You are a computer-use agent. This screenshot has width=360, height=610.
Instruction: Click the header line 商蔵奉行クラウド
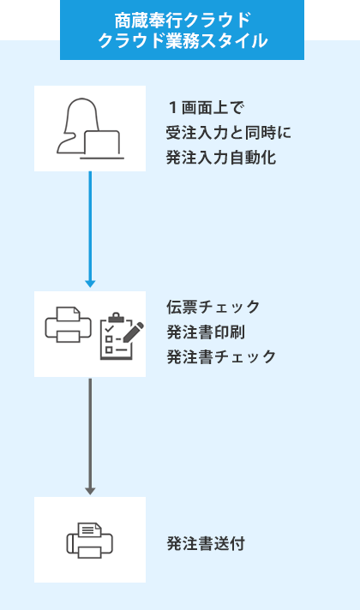pyautogui.click(x=182, y=20)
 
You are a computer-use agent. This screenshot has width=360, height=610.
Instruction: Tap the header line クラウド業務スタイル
pyautogui.click(x=182, y=41)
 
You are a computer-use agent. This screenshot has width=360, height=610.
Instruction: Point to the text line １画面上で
pyautogui.click(x=206, y=108)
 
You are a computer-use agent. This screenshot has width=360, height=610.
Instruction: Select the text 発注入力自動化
pyautogui.click(x=221, y=157)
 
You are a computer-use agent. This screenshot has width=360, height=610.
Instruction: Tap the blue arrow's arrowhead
pyautogui.click(x=90, y=282)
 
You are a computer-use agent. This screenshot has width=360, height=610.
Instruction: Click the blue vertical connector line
pyautogui.click(x=90, y=223)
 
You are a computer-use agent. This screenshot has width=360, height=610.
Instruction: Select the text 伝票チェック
pyautogui.click(x=213, y=307)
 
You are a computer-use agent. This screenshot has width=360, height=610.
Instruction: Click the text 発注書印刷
pyautogui.click(x=206, y=332)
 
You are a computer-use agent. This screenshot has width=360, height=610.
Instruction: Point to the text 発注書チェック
pyautogui.click(x=221, y=356)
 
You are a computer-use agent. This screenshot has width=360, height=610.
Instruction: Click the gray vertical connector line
pyautogui.click(x=90, y=428)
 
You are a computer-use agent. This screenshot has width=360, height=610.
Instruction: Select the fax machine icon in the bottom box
pyautogui.click(x=89, y=540)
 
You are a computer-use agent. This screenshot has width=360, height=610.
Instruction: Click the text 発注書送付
pyautogui.click(x=206, y=543)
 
